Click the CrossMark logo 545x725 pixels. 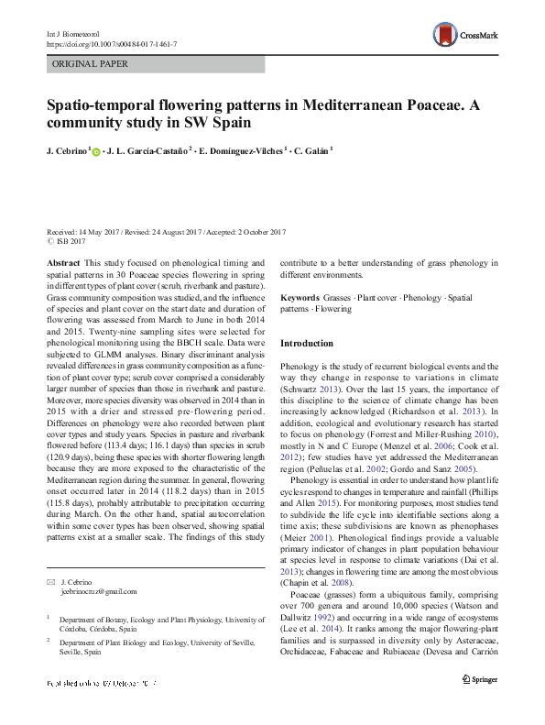tap(466, 36)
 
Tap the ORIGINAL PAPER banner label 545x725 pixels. tap(90, 64)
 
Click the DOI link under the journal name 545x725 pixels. tap(111, 43)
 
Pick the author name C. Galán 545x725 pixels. tap(315, 149)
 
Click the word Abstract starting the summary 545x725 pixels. tap(63, 262)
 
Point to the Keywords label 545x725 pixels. tap(299, 298)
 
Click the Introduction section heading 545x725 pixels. tap(307, 344)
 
